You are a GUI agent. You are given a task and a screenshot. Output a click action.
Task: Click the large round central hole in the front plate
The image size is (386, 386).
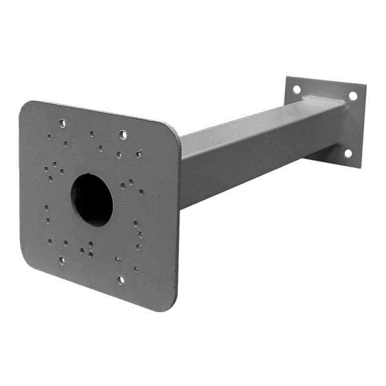(x=91, y=199)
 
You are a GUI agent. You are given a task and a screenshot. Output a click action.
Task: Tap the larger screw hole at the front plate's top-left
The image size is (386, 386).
(x=62, y=123)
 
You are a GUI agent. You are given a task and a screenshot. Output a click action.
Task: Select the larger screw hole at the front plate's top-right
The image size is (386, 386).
(x=123, y=134)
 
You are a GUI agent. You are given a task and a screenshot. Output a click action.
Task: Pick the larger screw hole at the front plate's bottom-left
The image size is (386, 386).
(x=62, y=261)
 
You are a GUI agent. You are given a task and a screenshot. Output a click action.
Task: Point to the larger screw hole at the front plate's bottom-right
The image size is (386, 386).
(x=120, y=280)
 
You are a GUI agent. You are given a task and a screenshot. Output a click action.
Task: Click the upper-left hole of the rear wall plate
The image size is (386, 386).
(x=297, y=89)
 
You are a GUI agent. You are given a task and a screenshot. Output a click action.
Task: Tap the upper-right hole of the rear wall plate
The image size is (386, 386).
(x=353, y=96)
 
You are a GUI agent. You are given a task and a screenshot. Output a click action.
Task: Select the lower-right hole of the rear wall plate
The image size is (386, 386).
(x=348, y=153)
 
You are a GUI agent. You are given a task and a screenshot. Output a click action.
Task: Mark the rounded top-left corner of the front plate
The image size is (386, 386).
(x=26, y=106)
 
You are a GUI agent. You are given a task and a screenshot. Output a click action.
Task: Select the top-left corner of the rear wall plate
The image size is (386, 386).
(x=287, y=78)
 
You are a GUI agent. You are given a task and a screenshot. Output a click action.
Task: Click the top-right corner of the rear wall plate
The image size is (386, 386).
(x=364, y=86)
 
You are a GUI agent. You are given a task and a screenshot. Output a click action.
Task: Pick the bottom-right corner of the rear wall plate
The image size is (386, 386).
(x=358, y=166)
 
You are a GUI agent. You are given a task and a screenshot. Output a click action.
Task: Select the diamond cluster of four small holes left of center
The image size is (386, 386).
(x=54, y=170)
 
